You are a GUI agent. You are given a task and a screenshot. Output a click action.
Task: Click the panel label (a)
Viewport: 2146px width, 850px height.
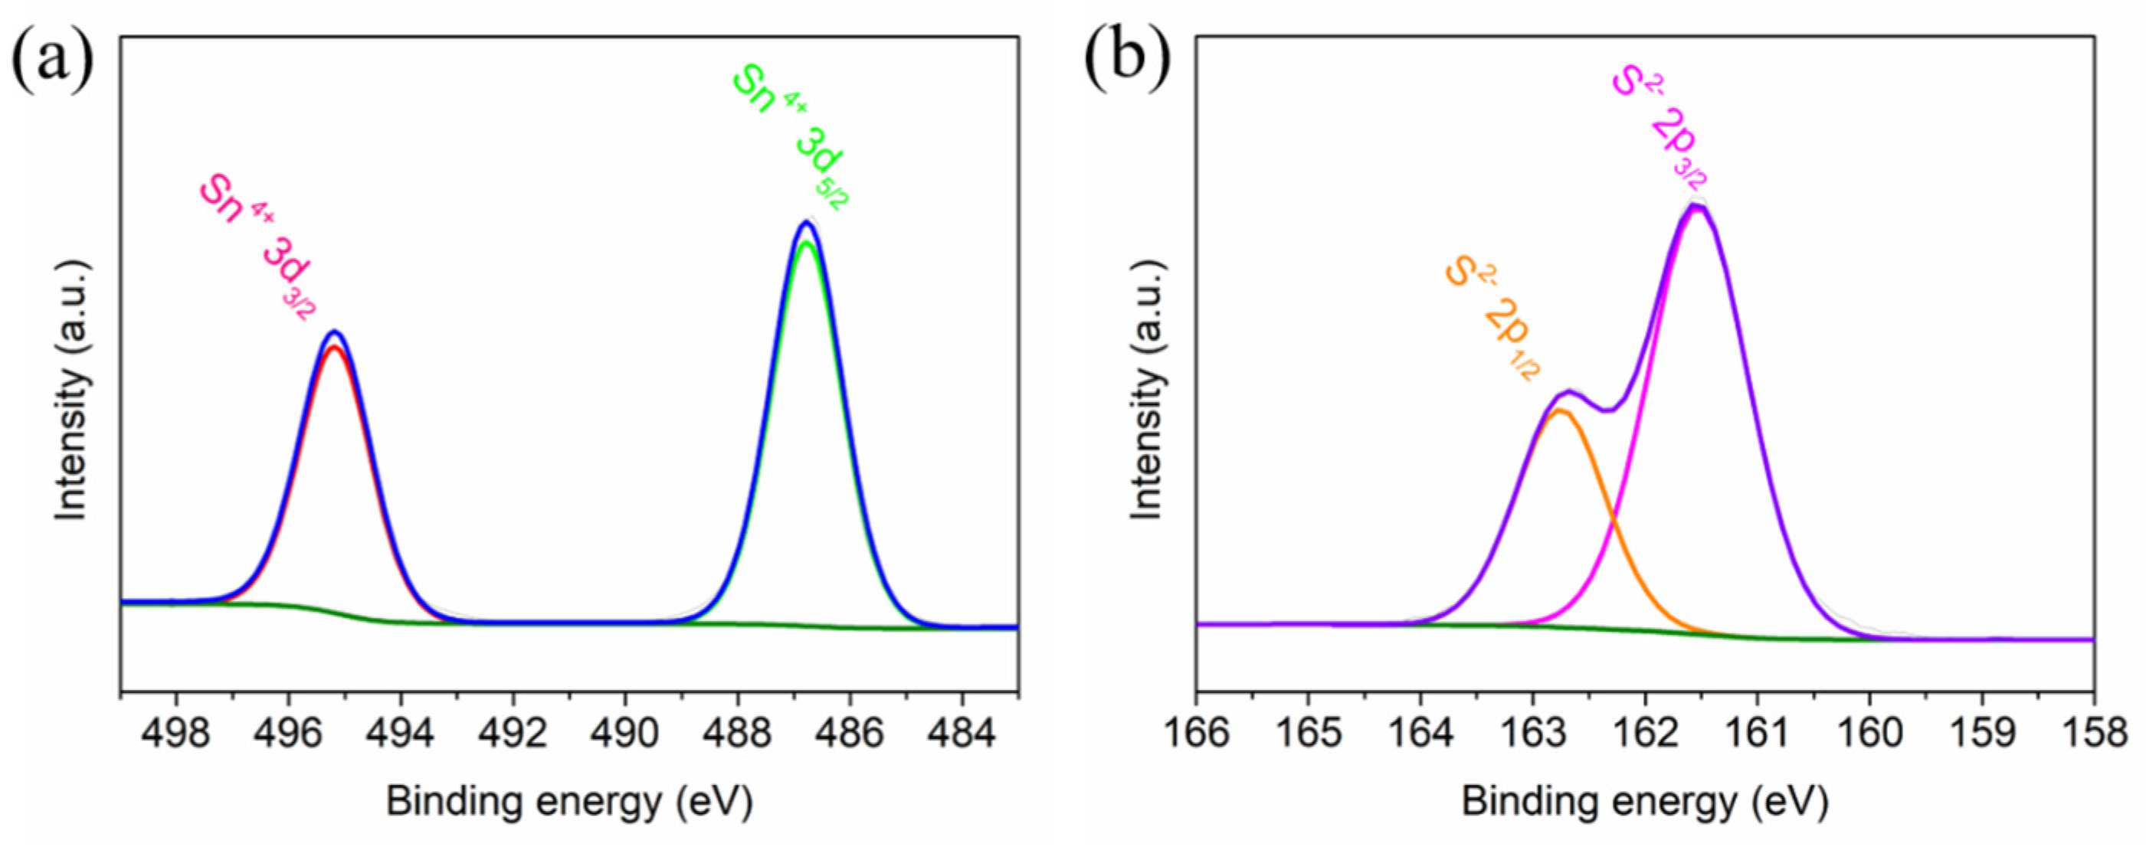coord(51,59)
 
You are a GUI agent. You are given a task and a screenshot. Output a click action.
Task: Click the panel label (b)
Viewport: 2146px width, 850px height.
coord(1126,59)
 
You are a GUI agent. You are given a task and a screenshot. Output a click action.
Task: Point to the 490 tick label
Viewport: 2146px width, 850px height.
coord(625,734)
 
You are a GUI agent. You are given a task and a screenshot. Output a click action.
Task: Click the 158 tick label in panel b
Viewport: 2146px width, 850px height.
coord(2092,734)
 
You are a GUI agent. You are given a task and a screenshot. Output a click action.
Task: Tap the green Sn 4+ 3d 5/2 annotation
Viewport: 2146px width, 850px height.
coord(792,137)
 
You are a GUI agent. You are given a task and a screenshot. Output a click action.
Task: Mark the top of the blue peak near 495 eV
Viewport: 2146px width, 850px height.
coord(335,332)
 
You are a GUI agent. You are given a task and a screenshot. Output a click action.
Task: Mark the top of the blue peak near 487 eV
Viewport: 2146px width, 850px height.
coord(804,221)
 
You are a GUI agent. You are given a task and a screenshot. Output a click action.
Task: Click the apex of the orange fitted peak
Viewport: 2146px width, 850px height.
coord(1561,410)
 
